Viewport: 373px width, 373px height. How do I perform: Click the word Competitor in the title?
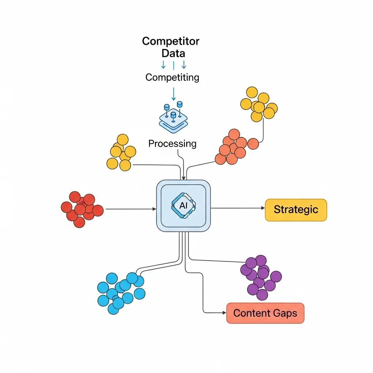point(170,41)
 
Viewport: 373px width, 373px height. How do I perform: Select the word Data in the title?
point(173,53)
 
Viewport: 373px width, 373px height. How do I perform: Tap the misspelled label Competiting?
point(172,77)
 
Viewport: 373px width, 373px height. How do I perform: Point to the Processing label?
point(172,144)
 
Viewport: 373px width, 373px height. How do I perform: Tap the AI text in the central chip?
point(183,205)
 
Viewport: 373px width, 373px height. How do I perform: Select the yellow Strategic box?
point(295,210)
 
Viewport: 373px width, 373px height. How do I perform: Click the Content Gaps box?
point(265,313)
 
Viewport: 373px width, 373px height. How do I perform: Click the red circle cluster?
point(81,209)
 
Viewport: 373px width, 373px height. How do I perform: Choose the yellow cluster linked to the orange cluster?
point(259,104)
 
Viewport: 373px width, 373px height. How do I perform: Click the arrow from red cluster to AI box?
point(129,209)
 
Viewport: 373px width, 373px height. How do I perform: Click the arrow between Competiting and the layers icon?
point(174,94)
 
